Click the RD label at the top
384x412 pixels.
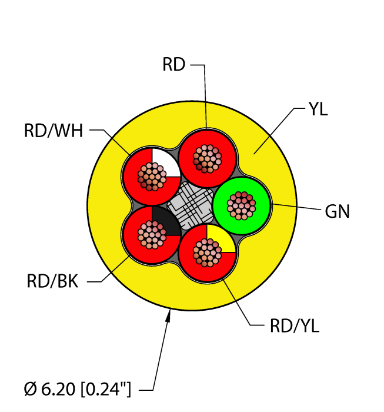coord(173,65)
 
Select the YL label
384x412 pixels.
coord(318,109)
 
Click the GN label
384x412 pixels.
coord(337,211)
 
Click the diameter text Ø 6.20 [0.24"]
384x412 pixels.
coord(78,388)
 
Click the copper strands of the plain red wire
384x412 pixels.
coord(206,158)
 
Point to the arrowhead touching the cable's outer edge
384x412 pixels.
coord(169,318)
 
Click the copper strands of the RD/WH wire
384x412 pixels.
coord(151,176)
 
